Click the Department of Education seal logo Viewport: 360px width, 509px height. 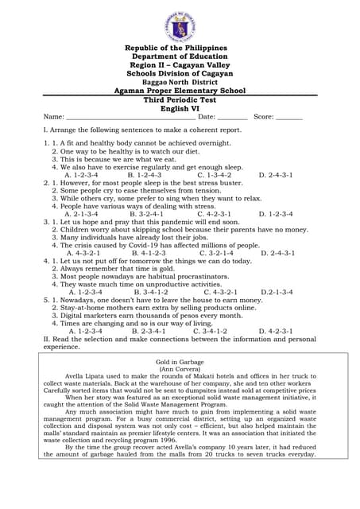coord(180,24)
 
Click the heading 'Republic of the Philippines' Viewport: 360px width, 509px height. coord(180,49)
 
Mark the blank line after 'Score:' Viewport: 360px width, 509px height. coord(289,118)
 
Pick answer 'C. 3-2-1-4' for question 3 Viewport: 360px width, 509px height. coord(215,253)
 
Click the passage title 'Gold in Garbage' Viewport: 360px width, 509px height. coord(180,361)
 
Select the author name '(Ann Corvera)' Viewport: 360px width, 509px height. coord(180,369)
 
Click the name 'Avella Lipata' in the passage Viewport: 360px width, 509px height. coord(86,376)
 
